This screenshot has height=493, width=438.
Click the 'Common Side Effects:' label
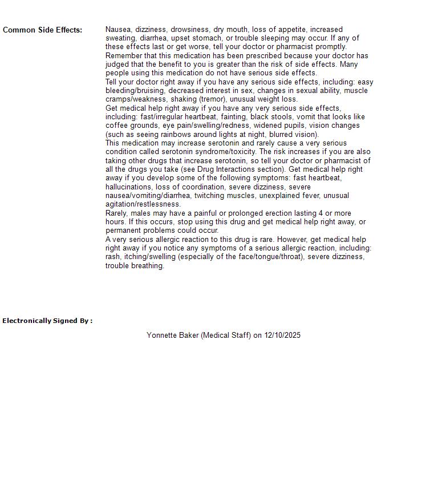point(42,30)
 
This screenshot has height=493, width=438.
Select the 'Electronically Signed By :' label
point(47,321)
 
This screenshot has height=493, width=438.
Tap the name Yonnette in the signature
point(161,335)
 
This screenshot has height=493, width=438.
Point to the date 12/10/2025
point(282,335)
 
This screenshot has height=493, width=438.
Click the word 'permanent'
point(123,231)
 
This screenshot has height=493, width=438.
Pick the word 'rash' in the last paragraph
point(112,257)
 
